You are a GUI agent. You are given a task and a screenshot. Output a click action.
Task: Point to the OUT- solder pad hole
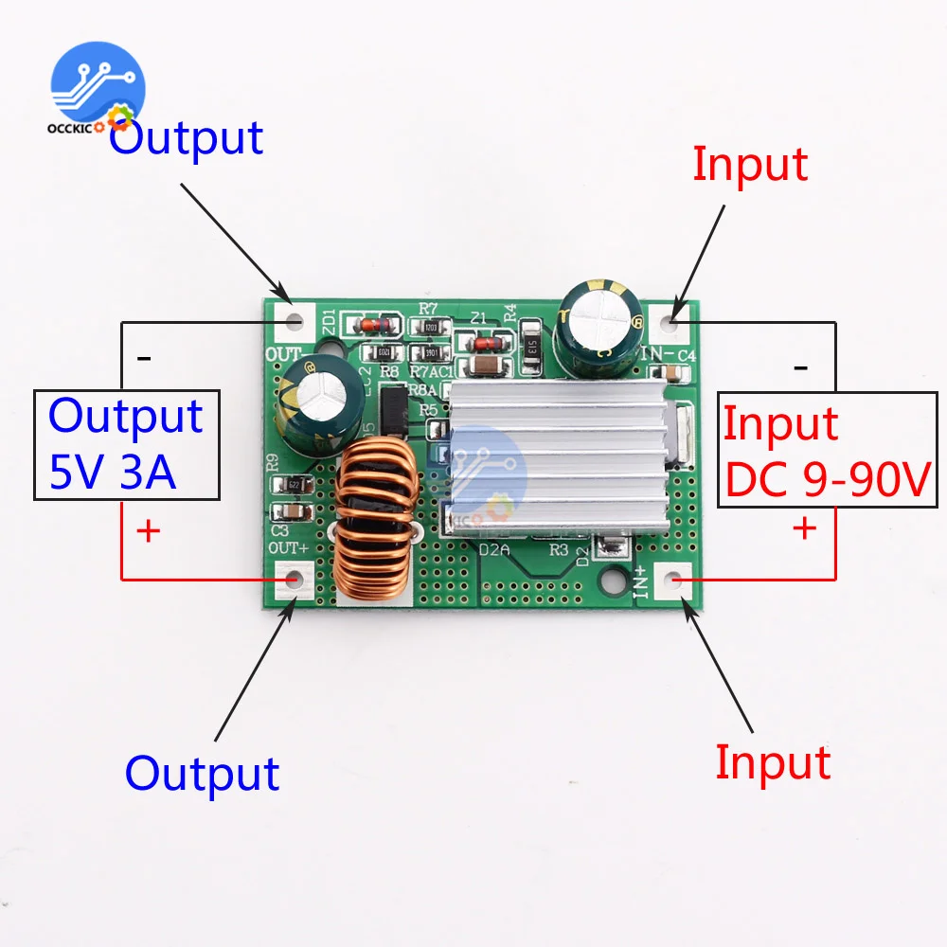[x=294, y=319]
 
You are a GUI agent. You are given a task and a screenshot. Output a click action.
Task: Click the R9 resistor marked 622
[x=295, y=484]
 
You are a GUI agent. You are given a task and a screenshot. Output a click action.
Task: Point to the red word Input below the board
[x=772, y=762]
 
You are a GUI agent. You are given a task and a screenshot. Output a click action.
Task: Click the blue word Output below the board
[x=202, y=773]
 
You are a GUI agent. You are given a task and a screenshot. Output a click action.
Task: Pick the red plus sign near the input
[x=804, y=527]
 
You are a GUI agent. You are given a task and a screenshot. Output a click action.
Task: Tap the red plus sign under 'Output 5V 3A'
[x=148, y=531]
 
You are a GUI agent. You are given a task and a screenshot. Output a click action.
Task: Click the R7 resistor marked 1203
[x=431, y=328]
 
